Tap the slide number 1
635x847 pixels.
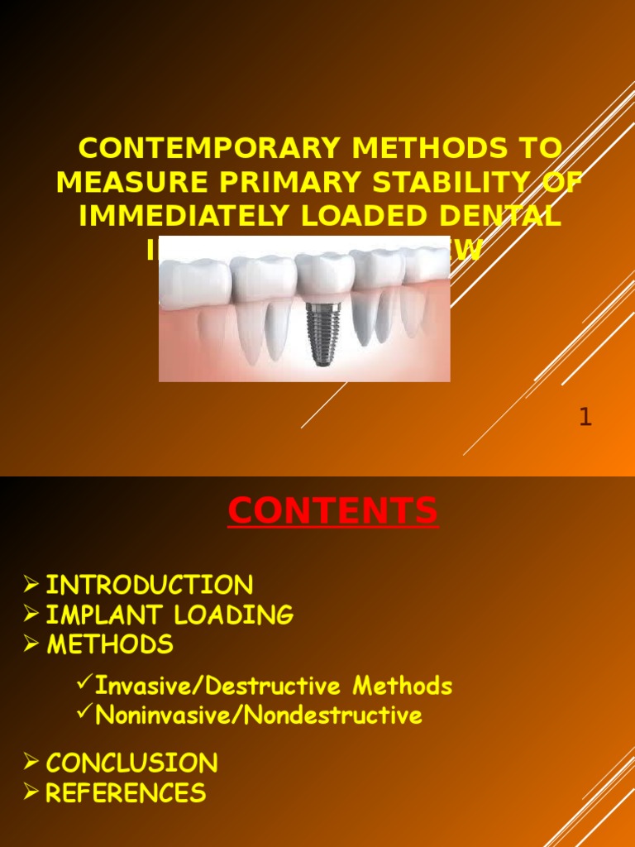click(x=585, y=418)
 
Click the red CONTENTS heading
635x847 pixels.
click(x=332, y=511)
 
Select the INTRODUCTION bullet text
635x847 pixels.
click(x=149, y=586)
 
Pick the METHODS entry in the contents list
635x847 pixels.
click(x=109, y=644)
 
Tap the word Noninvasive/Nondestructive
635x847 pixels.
click(x=259, y=715)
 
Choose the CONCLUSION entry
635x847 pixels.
click(x=131, y=763)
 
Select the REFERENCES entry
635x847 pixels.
click(x=126, y=793)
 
